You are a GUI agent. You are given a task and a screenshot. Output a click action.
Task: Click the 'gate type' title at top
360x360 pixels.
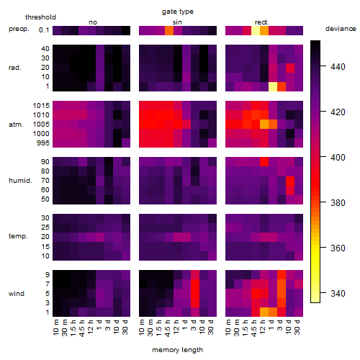tap(178, 12)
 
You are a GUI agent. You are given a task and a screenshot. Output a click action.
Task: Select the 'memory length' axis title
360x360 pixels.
tap(177, 350)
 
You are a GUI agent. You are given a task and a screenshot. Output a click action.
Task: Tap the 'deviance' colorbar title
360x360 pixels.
tap(341, 29)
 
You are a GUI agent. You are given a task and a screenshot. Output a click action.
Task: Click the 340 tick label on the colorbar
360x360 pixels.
tap(338, 293)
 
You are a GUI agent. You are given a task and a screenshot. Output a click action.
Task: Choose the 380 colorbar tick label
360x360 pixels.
tap(338, 203)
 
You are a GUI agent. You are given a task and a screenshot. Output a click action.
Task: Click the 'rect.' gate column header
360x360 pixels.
tap(261, 22)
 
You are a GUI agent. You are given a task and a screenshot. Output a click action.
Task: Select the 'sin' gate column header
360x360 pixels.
tap(177, 22)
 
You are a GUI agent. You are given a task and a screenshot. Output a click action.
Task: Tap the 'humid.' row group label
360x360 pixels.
tap(20, 181)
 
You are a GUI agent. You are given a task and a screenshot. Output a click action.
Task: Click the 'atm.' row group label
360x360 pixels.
tap(16, 125)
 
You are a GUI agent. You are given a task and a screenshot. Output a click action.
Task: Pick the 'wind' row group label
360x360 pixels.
tap(17, 294)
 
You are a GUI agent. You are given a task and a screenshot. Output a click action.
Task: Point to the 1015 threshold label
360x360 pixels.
tap(41, 106)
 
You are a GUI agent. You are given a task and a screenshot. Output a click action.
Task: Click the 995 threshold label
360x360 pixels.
tap(43, 143)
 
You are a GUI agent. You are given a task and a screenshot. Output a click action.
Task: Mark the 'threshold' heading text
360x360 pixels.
tap(40, 17)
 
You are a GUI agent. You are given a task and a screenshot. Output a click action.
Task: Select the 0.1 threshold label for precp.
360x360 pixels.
tap(44, 30)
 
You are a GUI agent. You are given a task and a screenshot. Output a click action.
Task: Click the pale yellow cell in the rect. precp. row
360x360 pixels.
tap(256, 30)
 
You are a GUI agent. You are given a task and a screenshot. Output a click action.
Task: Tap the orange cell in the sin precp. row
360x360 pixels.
tap(169, 30)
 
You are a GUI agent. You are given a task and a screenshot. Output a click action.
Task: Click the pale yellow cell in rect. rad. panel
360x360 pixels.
tap(273, 86)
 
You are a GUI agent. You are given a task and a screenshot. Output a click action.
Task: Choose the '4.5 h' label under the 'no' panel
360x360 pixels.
tap(81, 328)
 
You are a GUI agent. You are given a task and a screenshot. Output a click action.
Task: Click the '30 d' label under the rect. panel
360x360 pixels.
tap(297, 327)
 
